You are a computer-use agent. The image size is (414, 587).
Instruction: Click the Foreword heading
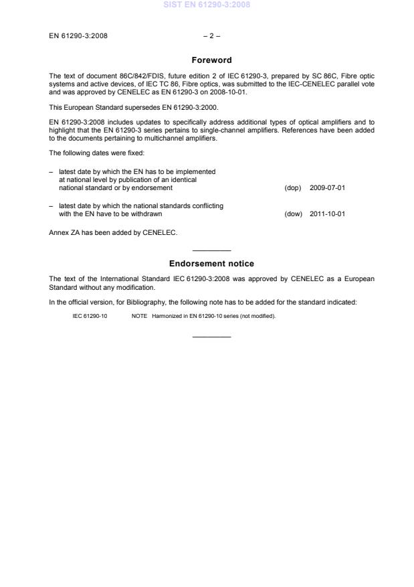pos(211,60)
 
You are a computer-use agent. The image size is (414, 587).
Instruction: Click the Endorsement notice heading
pos(211,264)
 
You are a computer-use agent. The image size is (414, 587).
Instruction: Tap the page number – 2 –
pos(211,35)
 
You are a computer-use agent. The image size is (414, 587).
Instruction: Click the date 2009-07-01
pos(328,188)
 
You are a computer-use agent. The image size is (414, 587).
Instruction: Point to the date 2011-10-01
pos(328,214)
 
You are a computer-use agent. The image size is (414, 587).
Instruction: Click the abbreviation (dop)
pos(293,188)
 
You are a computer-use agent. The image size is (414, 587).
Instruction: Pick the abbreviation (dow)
pos(293,214)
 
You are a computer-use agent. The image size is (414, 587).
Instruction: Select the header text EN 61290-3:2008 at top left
pos(78,35)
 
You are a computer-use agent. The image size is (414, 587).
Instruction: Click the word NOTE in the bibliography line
pos(139,317)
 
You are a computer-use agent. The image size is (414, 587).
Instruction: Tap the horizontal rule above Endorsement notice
pos(211,250)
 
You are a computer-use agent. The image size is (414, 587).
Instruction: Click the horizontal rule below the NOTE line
pos(211,336)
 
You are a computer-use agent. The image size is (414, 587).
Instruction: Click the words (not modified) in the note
pos(257,317)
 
